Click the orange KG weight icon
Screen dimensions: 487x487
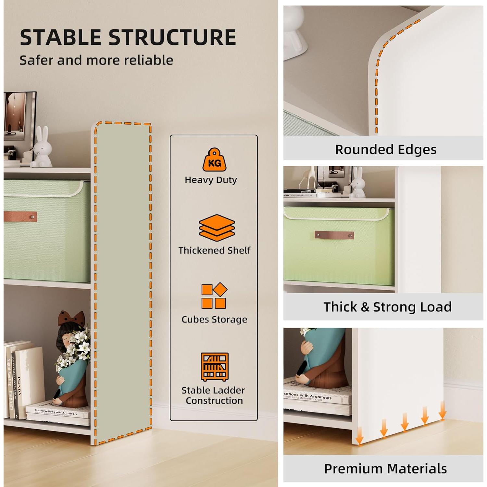214,160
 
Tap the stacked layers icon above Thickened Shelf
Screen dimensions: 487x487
217,228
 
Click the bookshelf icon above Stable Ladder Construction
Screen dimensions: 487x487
214,367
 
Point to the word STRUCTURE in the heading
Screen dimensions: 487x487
172,37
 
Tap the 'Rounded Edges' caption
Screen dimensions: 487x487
385,150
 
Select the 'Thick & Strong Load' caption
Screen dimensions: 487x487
387,307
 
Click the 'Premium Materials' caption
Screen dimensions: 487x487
385,469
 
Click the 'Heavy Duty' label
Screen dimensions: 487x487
211,180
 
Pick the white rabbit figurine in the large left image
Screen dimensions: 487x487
42,147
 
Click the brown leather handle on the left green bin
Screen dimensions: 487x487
20,217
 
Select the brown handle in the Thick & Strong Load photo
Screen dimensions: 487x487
334,235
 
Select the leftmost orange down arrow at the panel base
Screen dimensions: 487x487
359,437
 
